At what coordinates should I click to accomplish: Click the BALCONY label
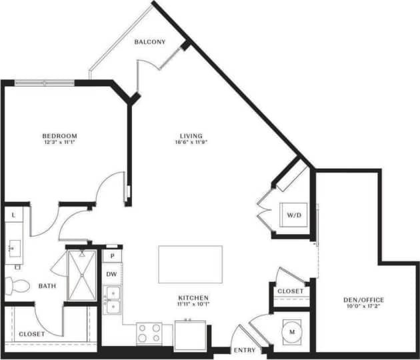click(150, 42)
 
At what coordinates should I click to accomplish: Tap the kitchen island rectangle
click(190, 265)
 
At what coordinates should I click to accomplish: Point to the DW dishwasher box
click(112, 274)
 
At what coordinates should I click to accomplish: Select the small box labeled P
click(113, 256)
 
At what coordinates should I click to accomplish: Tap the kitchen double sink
click(113, 299)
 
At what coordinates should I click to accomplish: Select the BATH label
click(47, 287)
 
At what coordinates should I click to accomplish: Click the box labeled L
click(15, 215)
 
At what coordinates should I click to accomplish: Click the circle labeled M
click(292, 329)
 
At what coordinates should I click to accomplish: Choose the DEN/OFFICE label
click(365, 300)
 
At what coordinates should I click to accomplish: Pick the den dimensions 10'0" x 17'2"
click(365, 307)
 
